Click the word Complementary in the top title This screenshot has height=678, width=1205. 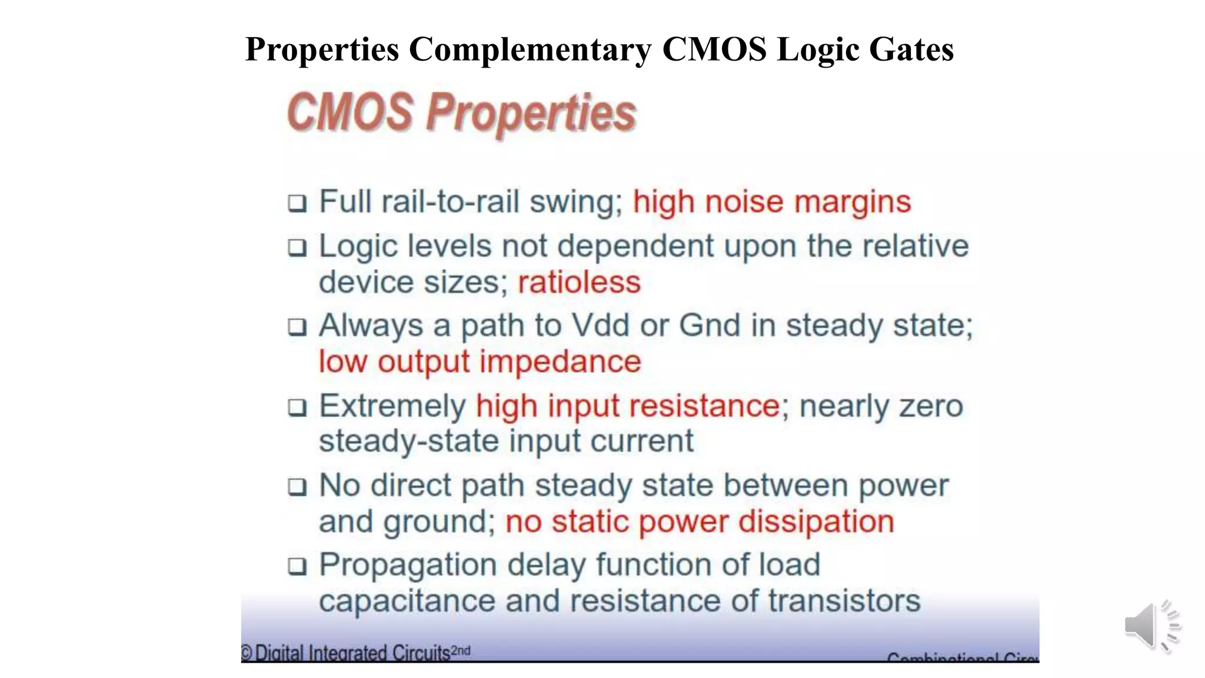point(530,49)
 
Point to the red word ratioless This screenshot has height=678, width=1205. point(579,282)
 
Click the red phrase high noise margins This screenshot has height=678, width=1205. point(772,202)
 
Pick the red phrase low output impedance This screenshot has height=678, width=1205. point(480,361)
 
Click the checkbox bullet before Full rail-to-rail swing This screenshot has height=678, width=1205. point(297,204)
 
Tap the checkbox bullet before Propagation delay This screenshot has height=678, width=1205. point(297,566)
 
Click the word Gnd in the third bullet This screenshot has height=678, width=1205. point(710,325)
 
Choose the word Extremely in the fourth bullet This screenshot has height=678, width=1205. point(392,406)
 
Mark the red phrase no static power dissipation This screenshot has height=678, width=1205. point(700,522)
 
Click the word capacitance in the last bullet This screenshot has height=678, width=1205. point(407,601)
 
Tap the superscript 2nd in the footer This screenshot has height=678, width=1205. point(461,650)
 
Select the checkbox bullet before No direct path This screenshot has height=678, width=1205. point(297,487)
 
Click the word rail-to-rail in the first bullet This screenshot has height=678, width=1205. point(451,202)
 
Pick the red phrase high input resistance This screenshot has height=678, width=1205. point(628,406)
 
